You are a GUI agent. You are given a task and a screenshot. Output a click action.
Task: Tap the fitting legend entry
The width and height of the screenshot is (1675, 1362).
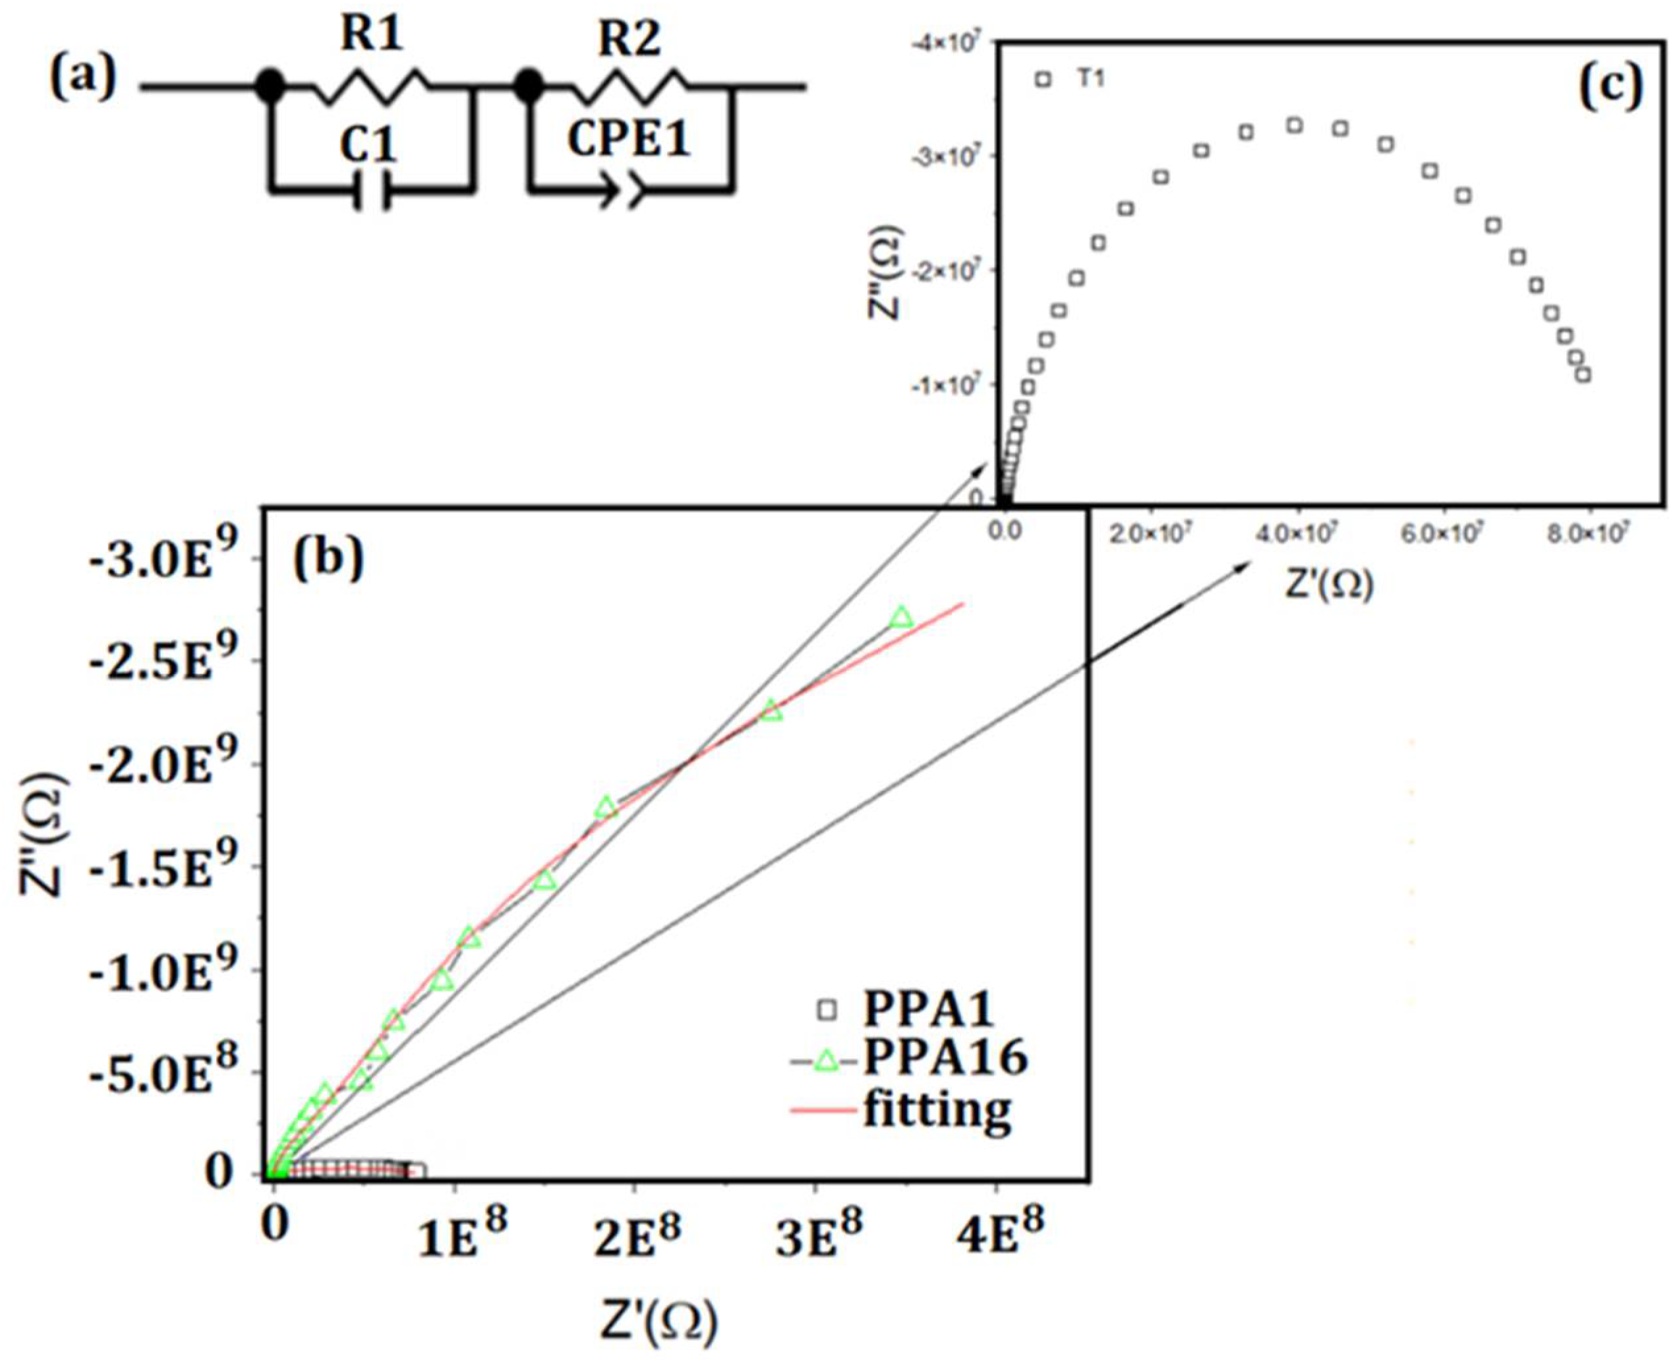pyautogui.click(x=937, y=1111)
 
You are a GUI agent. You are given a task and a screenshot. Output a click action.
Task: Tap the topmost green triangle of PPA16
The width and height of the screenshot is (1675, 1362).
pyautogui.click(x=901, y=618)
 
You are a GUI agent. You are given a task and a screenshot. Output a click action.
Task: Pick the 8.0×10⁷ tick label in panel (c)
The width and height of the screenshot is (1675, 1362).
pyautogui.click(x=1589, y=533)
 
